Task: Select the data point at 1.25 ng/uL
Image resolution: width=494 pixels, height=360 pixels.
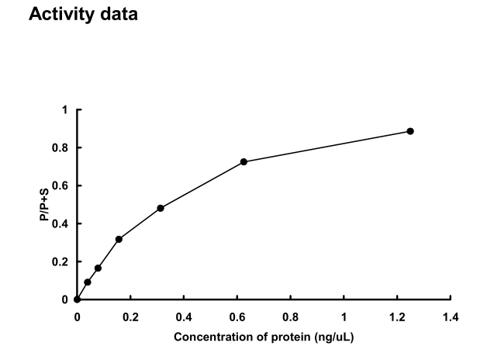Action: point(410,131)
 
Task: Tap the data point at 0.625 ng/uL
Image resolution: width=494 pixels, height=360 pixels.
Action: point(244,161)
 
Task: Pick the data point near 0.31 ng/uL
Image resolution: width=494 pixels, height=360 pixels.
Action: point(161,208)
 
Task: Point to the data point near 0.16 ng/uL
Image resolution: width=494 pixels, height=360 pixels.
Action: point(119,239)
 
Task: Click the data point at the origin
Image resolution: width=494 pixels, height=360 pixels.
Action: point(77,299)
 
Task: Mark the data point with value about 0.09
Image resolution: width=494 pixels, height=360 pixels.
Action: point(88,282)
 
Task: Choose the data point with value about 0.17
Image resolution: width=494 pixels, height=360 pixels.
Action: point(98,268)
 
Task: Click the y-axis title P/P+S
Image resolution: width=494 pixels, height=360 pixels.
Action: point(44,205)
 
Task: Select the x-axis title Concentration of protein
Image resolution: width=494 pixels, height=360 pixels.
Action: point(264,337)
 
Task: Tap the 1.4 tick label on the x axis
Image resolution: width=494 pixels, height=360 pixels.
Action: point(451,317)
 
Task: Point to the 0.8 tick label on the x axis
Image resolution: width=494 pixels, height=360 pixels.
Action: point(291,317)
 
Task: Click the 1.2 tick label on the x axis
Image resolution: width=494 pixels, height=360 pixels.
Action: point(397,317)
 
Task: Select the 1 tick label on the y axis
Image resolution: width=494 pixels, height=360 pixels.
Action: point(66,109)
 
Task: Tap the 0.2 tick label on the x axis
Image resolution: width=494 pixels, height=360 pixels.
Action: point(130,317)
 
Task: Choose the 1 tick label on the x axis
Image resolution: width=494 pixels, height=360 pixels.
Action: point(344,317)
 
